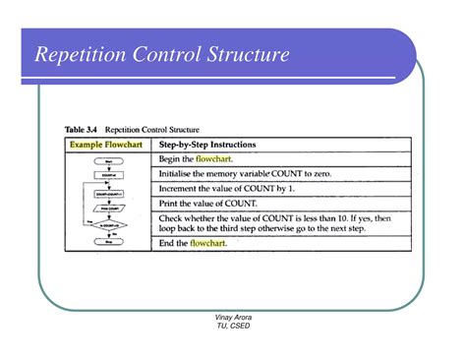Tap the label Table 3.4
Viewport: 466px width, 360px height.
pos(83,129)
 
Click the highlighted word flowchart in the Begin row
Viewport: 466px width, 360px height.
pos(213,158)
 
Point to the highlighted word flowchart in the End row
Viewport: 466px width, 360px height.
pos(208,242)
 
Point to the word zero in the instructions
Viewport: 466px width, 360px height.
pos(332,173)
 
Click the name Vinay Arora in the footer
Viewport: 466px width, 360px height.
pos(233,318)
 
